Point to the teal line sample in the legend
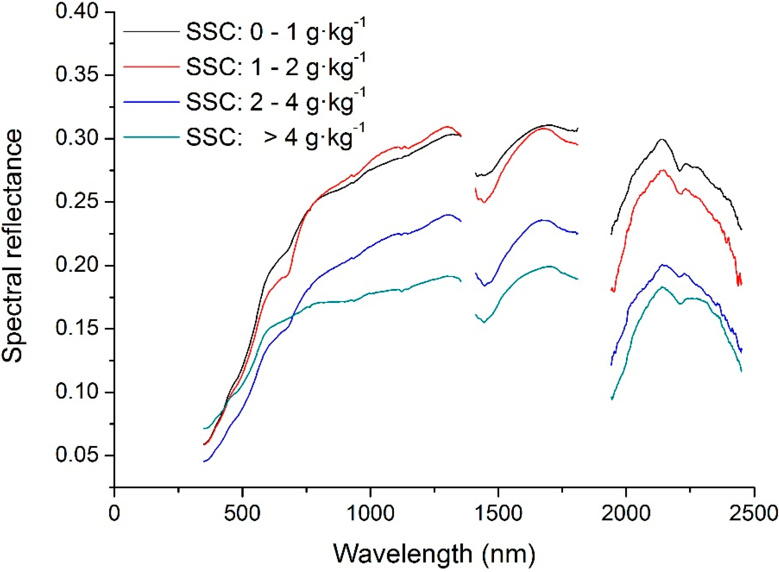[151, 137]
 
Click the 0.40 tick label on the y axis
[77, 12]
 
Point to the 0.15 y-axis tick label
[77, 329]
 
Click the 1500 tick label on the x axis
[498, 513]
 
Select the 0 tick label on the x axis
[114, 513]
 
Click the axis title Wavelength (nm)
[434, 553]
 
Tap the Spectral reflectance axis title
[13, 246]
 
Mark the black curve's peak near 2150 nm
[662, 139]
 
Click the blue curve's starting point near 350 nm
[205, 461]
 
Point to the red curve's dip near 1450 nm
[484, 202]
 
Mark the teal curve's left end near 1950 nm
[612, 399]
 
